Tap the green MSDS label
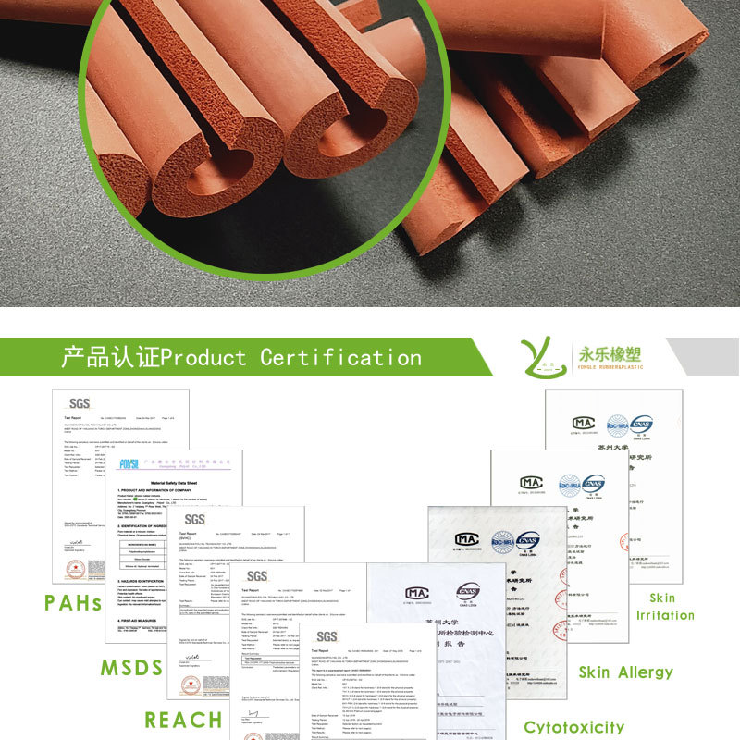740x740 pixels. [x=131, y=667]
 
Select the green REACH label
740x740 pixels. [x=183, y=720]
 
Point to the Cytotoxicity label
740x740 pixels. [x=573, y=727]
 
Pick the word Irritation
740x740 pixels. [x=664, y=615]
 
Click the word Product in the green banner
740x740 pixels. [x=204, y=357]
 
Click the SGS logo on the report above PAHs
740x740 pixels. [x=79, y=403]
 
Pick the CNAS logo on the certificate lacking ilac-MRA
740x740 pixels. [x=467, y=592]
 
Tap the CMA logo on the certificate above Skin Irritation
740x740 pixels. [x=583, y=424]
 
